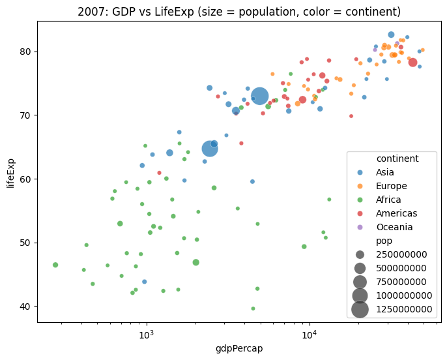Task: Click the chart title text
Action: [x=239, y=12]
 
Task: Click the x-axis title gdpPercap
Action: [x=239, y=348]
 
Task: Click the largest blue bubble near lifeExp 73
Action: [x=259, y=97]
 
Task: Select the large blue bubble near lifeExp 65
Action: [x=210, y=148]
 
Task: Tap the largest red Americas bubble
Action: [x=412, y=63]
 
